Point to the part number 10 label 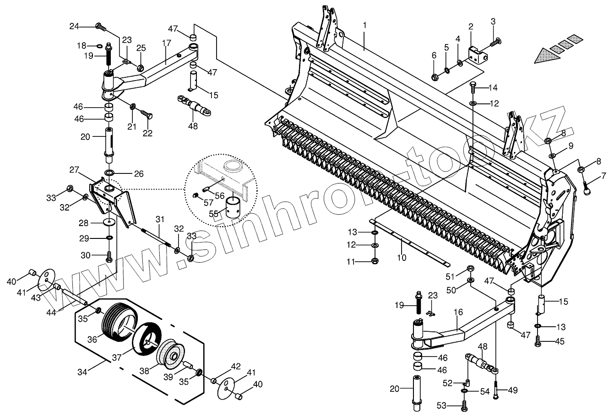click(x=402, y=258)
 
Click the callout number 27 click(x=74, y=169)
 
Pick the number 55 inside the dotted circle click(x=214, y=214)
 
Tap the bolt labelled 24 click(x=100, y=27)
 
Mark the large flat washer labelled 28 click(x=109, y=222)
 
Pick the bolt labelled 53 click(x=464, y=405)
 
